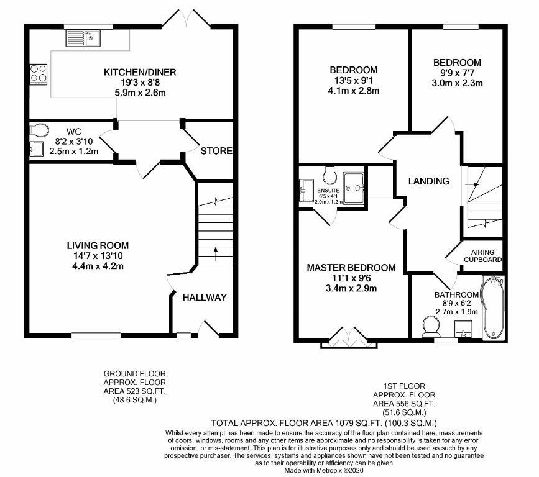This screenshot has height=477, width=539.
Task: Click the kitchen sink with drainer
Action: [x=83, y=38]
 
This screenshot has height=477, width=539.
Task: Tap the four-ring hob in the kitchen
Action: [x=38, y=74]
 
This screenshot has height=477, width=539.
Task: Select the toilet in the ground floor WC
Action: [x=39, y=130]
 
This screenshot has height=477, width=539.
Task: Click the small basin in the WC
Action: [x=37, y=148]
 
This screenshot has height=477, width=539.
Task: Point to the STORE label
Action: [x=216, y=151]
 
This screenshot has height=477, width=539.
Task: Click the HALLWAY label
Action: [x=205, y=298]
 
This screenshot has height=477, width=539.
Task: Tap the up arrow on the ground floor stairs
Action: [x=216, y=254]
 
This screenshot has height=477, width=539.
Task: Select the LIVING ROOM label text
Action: [x=98, y=245]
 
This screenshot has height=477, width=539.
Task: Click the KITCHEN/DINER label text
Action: [x=140, y=72]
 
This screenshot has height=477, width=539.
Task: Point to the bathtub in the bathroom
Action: [x=493, y=307]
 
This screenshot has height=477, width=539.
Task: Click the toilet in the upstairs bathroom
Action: [x=431, y=327]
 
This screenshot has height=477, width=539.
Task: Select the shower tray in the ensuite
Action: [x=354, y=188]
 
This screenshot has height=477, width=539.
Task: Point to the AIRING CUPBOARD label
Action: [x=482, y=256]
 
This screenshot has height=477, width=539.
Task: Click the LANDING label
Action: [x=429, y=181]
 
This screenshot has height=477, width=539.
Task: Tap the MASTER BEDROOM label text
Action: [x=351, y=268]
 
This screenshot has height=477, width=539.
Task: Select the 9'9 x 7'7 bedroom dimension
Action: [x=457, y=73]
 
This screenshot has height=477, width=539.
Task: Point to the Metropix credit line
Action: [x=323, y=470]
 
